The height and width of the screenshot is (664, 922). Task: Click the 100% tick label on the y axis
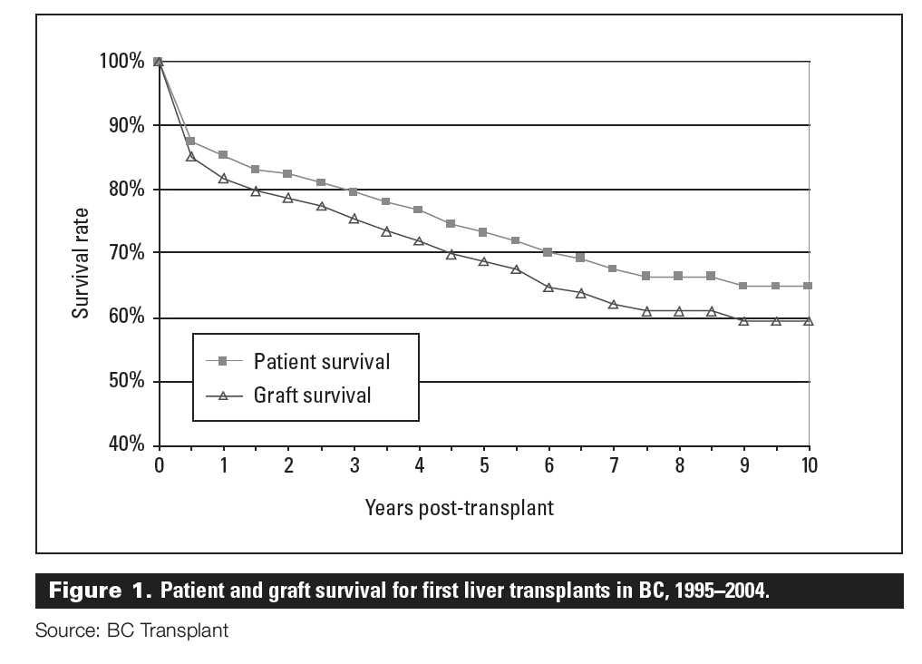coord(121,62)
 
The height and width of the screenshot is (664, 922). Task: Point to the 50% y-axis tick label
coord(124,381)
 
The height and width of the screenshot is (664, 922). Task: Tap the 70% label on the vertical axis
coord(124,252)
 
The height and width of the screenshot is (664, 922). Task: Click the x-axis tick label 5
coord(483,465)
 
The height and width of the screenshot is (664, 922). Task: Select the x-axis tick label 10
coord(809,465)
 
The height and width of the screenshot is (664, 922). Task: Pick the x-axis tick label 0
coord(159,465)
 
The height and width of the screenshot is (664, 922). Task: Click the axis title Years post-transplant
coord(459,507)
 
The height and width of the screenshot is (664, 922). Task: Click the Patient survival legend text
coord(322,361)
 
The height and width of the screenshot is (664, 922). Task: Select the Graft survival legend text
coord(313,395)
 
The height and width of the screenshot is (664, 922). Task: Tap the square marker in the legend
coord(223,361)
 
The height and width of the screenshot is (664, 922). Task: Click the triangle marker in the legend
coord(223,395)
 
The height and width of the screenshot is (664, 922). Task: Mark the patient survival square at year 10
coord(808,286)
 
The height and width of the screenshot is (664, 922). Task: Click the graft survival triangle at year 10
coord(808,321)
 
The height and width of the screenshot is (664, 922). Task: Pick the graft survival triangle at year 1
coord(223,178)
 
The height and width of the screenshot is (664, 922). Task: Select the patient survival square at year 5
coord(483,232)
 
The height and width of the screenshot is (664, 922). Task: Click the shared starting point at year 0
coord(159,62)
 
